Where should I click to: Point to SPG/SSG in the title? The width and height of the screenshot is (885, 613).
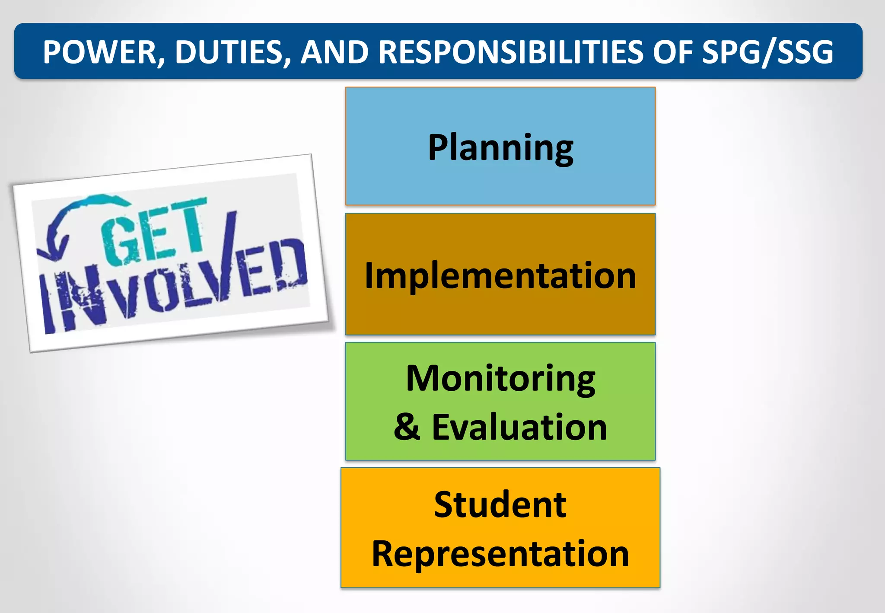click(x=767, y=52)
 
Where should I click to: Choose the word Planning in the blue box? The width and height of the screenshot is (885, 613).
click(x=500, y=147)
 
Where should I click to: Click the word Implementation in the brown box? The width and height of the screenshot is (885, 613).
click(x=500, y=275)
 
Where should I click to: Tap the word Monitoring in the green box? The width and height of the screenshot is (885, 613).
click(x=500, y=378)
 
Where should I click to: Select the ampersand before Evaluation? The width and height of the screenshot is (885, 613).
click(x=407, y=427)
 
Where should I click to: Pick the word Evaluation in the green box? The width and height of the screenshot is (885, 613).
click(x=519, y=427)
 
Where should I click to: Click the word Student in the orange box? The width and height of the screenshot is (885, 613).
click(x=500, y=504)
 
